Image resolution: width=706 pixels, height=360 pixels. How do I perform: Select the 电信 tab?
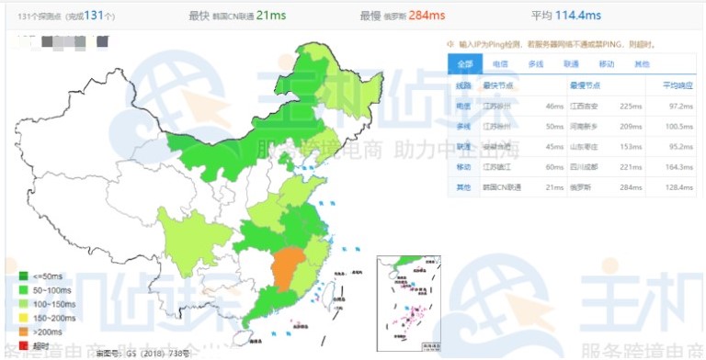[x=499, y=64]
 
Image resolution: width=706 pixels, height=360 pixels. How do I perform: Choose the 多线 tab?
[x=535, y=64]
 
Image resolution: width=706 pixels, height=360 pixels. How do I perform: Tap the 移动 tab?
[x=607, y=64]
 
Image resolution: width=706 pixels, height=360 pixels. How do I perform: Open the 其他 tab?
[x=642, y=64]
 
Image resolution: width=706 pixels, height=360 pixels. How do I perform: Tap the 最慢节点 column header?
[x=585, y=85]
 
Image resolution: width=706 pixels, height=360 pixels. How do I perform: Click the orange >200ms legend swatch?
[x=22, y=330]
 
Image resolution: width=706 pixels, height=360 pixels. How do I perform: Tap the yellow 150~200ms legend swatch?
[x=22, y=316]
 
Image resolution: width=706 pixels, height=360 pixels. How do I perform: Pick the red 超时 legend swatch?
[x=22, y=343]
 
